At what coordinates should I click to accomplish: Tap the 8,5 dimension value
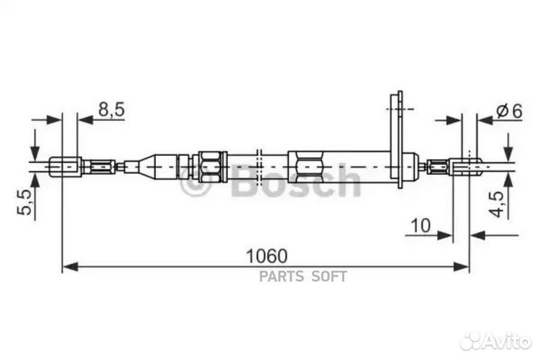point(111,109)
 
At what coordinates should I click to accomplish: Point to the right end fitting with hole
point(465,165)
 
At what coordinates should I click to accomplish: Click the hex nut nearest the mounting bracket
point(307,164)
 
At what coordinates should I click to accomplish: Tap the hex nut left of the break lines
point(209,164)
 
